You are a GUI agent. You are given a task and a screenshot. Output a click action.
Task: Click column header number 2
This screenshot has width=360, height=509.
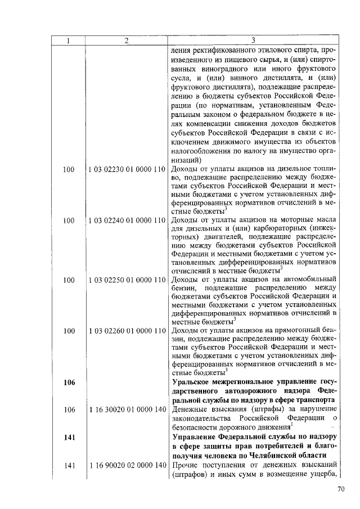127,40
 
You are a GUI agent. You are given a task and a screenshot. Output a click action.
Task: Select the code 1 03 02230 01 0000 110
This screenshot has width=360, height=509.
127,169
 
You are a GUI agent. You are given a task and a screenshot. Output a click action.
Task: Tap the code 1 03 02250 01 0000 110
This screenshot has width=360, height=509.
127,279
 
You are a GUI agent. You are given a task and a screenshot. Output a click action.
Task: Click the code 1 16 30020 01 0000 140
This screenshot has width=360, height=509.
127,409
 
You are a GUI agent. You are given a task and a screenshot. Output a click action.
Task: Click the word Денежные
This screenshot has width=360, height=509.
190,409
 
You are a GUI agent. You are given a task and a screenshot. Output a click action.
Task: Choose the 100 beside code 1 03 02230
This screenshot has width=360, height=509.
69,169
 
